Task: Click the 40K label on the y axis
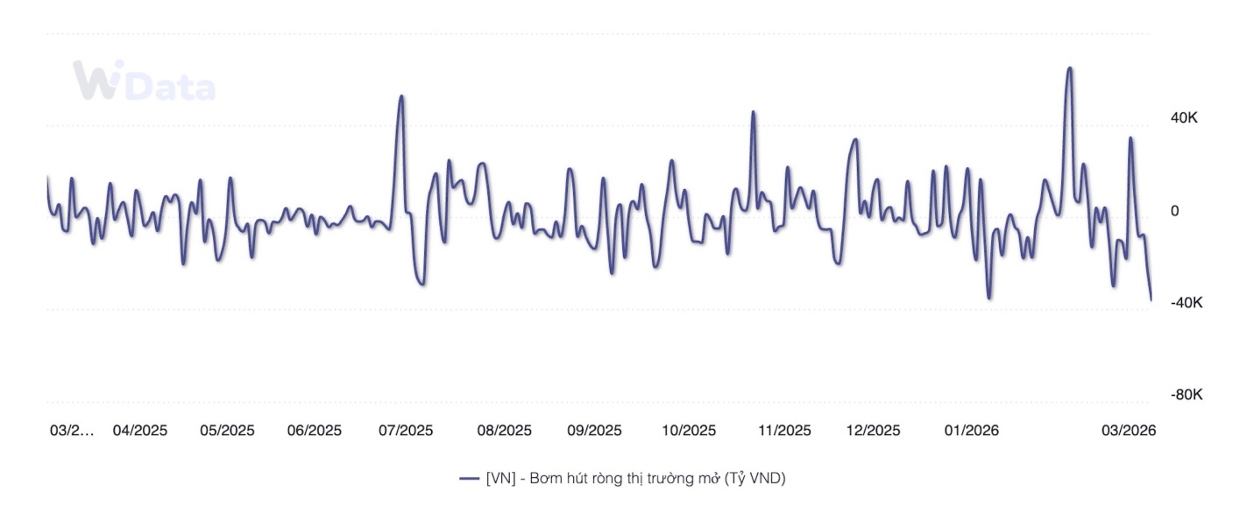(1185, 118)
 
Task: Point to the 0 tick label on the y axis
(1175, 211)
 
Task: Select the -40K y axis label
(1187, 302)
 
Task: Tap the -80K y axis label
(1187, 395)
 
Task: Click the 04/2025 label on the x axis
(140, 431)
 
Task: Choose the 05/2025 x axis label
(227, 431)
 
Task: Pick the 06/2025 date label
(315, 431)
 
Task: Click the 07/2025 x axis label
(406, 431)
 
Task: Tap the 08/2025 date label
(504, 431)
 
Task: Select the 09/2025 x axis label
(594, 431)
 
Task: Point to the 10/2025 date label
(688, 431)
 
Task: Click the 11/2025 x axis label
(783, 431)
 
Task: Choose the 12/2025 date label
(873, 431)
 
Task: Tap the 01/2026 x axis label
(970, 431)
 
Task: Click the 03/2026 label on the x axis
(1129, 431)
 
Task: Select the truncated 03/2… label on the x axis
(71, 431)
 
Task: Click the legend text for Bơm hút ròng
(635, 478)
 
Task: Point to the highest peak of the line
(1069, 68)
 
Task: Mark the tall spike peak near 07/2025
(401, 96)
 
